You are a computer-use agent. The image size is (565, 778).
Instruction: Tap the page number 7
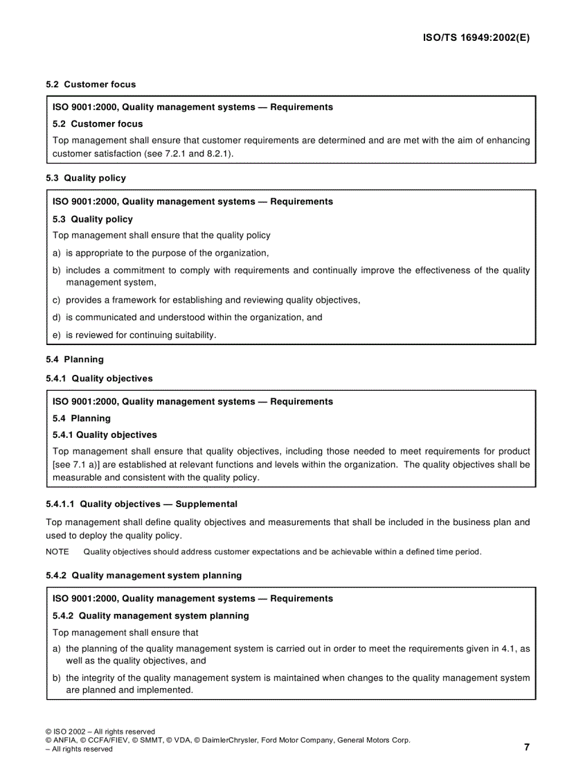tap(526, 747)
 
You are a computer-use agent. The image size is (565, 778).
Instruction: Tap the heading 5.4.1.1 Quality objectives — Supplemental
tap(141, 504)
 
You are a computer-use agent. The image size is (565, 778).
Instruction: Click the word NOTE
tap(57, 552)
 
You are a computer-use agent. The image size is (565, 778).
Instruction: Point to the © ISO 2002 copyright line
tap(100, 731)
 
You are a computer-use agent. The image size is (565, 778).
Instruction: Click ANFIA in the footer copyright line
tap(66, 740)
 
